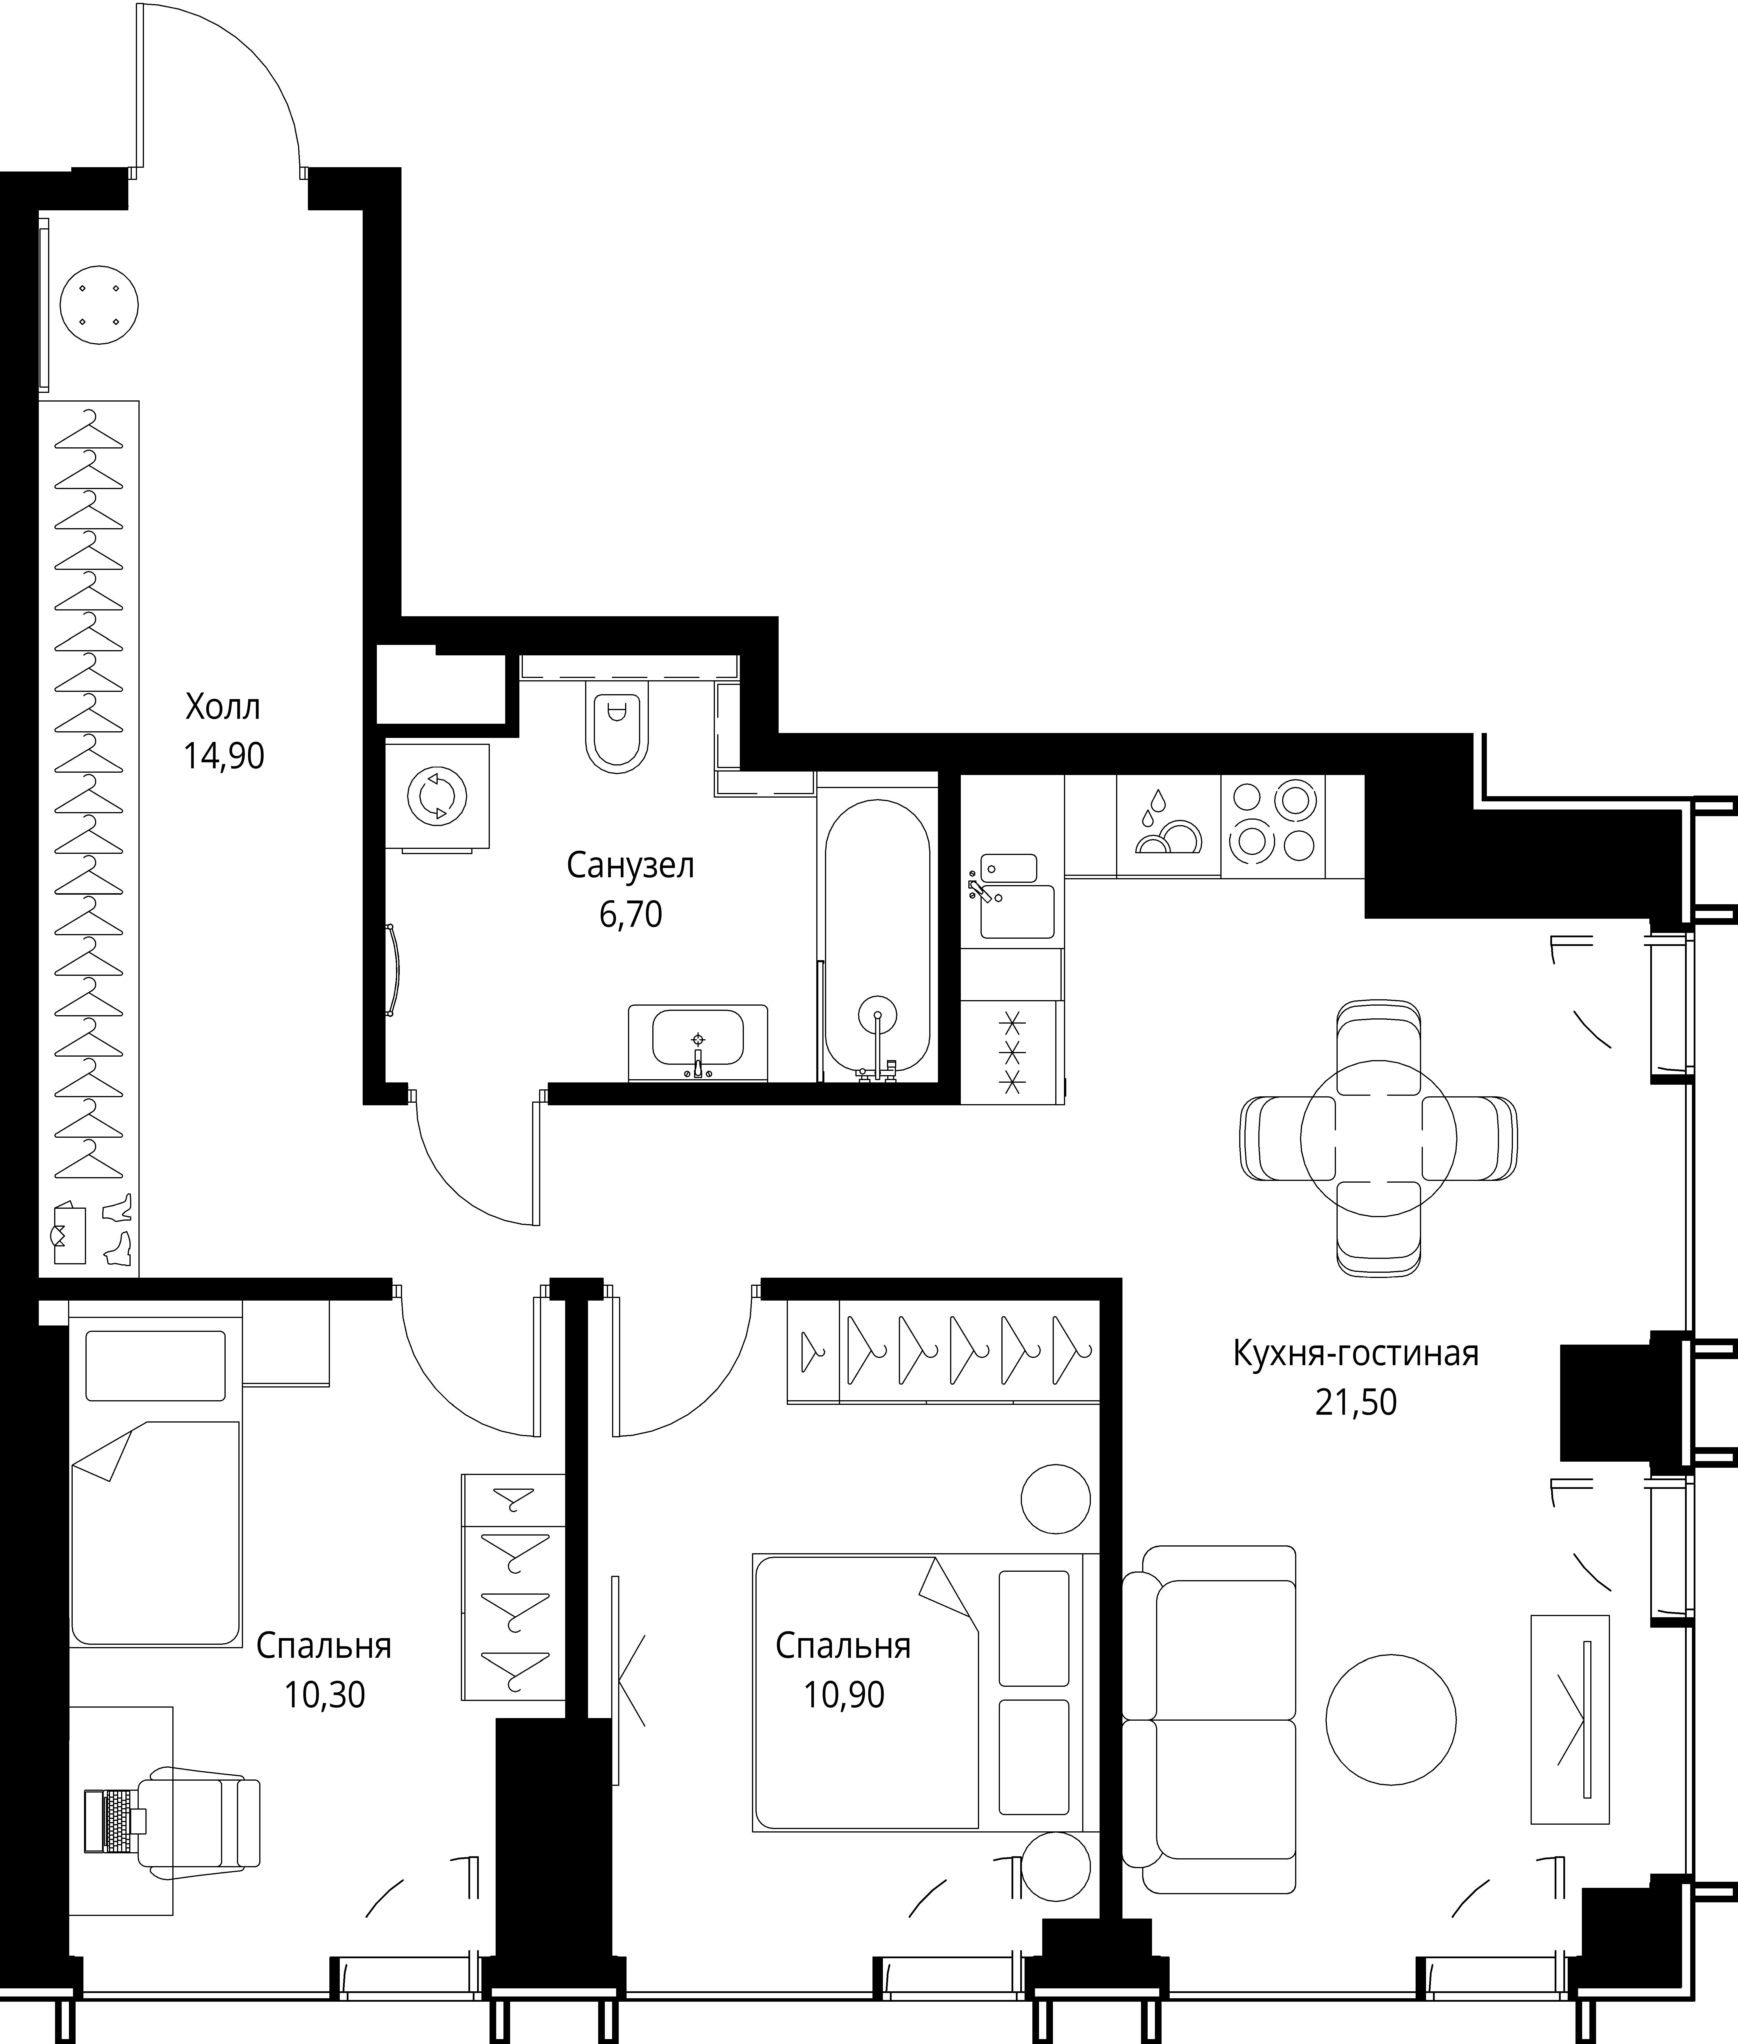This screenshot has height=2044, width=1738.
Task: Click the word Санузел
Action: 631,865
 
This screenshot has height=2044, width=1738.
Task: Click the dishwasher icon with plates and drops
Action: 1169,826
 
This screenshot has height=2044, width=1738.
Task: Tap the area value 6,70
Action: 631,915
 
